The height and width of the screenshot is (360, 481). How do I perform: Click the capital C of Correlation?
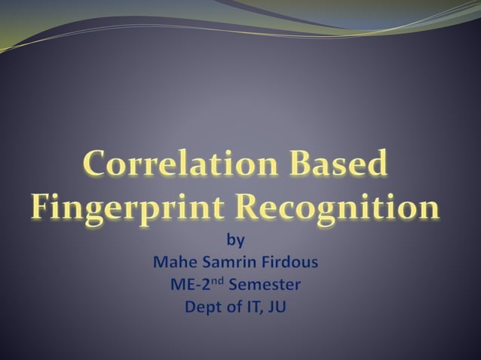(96, 165)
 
